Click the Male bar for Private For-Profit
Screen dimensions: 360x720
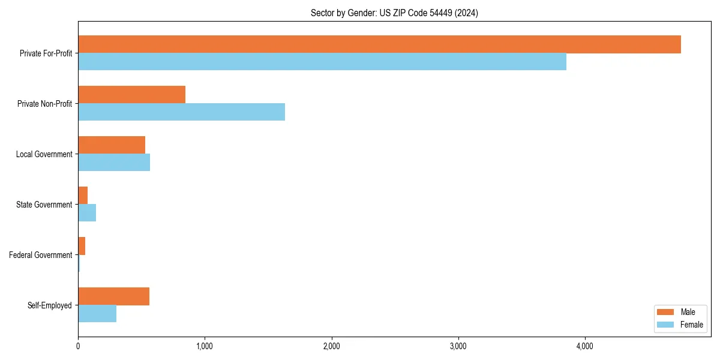[379, 44]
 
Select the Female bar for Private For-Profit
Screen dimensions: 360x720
[322, 62]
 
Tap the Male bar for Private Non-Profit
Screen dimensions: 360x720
[131, 95]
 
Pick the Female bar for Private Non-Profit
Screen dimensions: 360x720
[181, 112]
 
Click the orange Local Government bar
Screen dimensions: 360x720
[112, 145]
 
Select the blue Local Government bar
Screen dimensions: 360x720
[114, 163]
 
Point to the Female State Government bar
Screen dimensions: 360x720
[87, 213]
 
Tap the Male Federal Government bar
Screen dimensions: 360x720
[82, 246]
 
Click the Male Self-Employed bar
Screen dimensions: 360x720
[113, 296]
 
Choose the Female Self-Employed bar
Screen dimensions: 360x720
[97, 314]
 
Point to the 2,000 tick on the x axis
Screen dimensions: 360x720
[331, 346]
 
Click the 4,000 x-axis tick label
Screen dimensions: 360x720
[585, 346]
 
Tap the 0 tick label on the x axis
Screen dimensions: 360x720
[78, 346]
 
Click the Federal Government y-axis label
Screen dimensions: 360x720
[41, 255]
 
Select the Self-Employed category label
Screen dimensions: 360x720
[50, 305]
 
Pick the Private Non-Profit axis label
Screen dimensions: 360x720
[44, 104]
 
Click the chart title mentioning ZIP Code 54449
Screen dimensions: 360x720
[394, 13]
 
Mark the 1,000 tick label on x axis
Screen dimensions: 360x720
[205, 346]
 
